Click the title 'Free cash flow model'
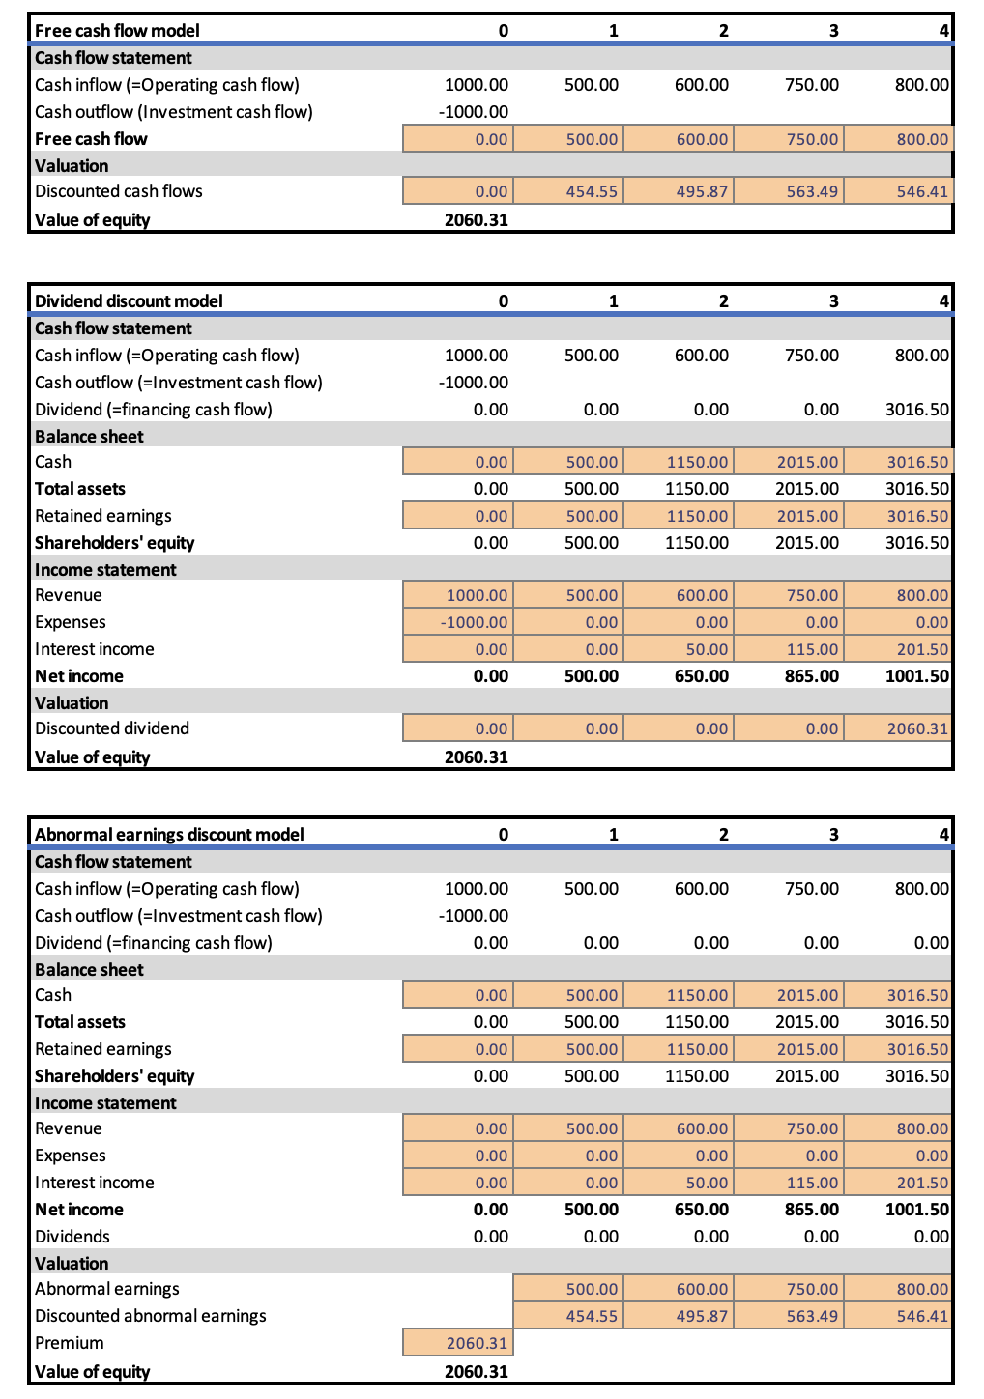(x=117, y=31)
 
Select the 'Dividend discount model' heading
(x=129, y=301)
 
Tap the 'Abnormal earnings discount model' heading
(x=169, y=835)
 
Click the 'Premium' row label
(x=69, y=1343)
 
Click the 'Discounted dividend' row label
(x=112, y=728)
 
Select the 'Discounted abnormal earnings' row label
(x=150, y=1316)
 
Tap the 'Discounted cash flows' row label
(x=119, y=191)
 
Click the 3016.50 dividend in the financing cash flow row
(x=916, y=410)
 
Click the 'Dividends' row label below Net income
(x=72, y=1237)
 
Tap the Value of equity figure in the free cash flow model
(x=476, y=220)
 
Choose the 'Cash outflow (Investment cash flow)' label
(x=174, y=112)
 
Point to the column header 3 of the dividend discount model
(x=833, y=301)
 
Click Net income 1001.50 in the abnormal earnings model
(x=916, y=1210)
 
